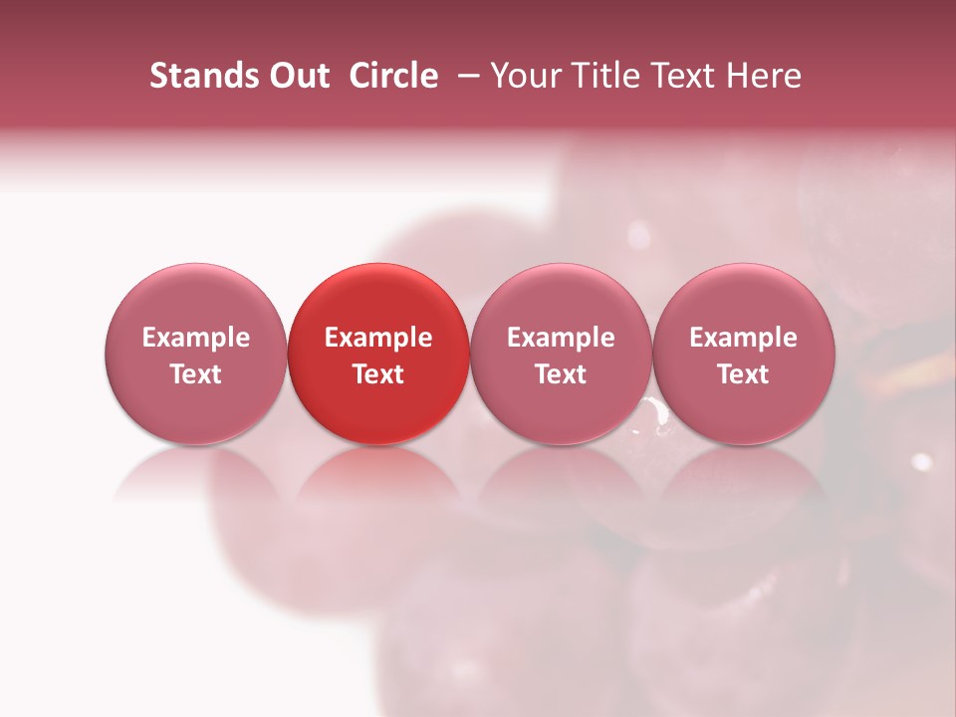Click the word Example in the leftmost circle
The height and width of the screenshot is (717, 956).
point(195,339)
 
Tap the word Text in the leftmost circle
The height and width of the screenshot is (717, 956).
point(195,374)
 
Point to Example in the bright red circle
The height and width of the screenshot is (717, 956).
point(378,339)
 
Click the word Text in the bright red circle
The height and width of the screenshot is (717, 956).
point(378,374)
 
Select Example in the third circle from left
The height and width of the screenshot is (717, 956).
point(561,339)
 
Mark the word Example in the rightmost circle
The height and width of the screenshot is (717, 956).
point(744,339)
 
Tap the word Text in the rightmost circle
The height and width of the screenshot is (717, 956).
point(744,374)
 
